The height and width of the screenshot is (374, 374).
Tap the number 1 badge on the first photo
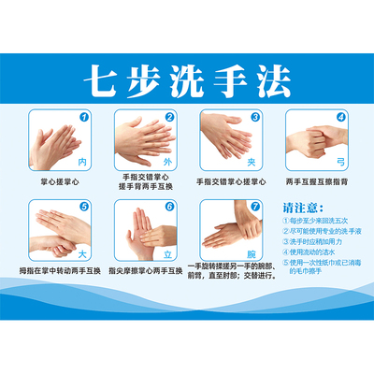84,118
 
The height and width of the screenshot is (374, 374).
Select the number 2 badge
169,118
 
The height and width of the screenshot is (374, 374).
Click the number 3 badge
255,118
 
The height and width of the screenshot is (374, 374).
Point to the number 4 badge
340,118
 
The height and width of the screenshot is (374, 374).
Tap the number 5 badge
84,207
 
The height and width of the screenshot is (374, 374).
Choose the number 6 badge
169,207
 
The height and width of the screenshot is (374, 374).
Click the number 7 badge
255,207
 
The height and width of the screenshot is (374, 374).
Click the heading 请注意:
302,208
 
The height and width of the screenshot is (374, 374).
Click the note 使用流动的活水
315,252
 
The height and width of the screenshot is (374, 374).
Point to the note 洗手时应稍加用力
318,241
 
